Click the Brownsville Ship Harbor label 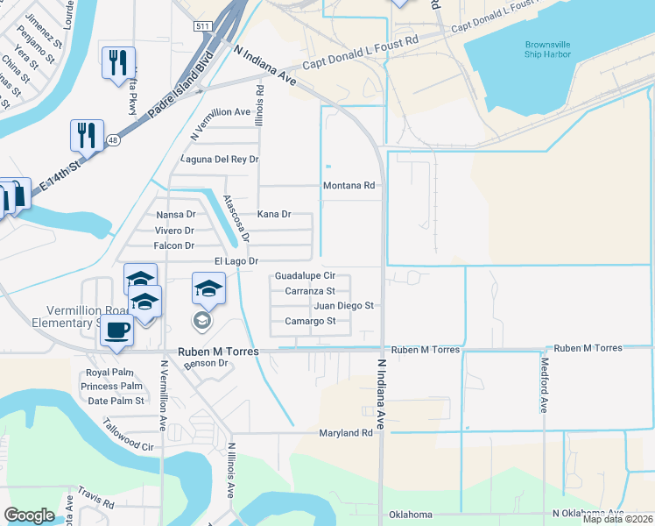tap(547, 49)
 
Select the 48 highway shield tap(113, 139)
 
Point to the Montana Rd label tap(349, 186)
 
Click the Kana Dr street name tap(273, 214)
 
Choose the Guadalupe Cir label tap(305, 275)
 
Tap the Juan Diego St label tap(343, 306)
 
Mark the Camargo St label tap(310, 321)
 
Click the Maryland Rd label tap(346, 433)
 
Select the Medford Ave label tap(544, 387)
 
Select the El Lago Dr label tap(236, 261)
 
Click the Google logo tap(30, 515)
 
